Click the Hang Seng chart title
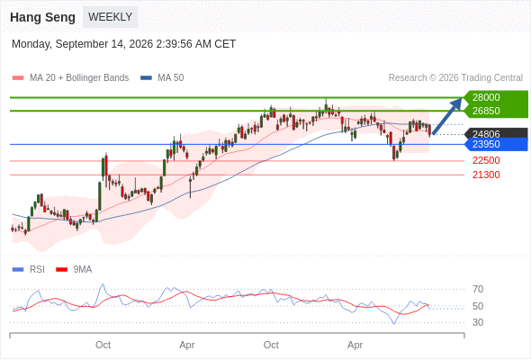pos(42,17)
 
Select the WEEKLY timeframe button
pos(111,17)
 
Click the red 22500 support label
pos(486,160)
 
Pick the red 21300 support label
pos(486,175)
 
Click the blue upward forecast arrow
pos(447,116)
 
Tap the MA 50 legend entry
pos(162,78)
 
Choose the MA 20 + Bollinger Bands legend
pos(70,78)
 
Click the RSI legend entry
pos(29,270)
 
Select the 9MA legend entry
pos(74,270)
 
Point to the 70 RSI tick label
pos(478,289)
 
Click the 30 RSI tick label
pos(478,322)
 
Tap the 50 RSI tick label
pos(478,306)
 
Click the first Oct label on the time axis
pos(103,345)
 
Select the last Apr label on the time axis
pos(355,345)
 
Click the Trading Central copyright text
pos(455,78)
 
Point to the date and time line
pos(123,44)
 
